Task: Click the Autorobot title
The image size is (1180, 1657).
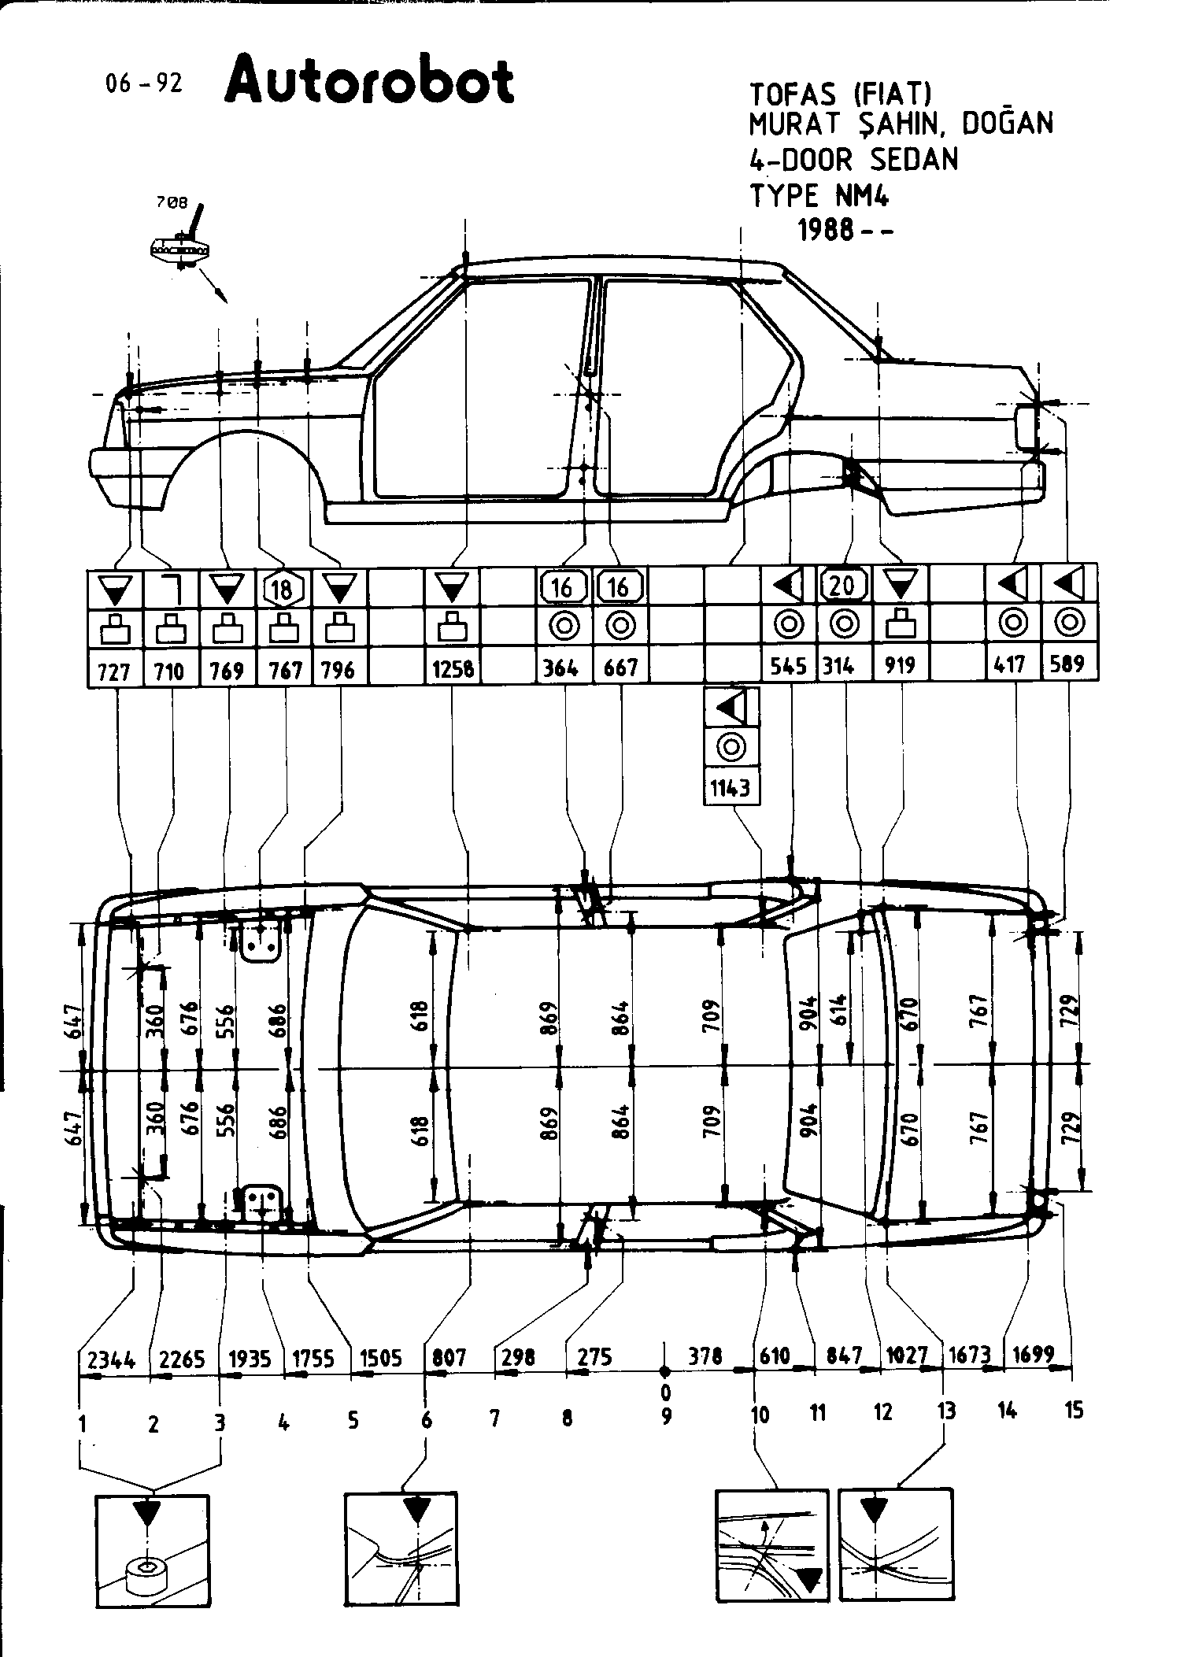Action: coord(369,81)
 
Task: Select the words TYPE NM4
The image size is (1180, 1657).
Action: coord(819,194)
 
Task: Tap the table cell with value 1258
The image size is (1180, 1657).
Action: coord(453,669)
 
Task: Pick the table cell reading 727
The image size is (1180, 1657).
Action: coord(115,671)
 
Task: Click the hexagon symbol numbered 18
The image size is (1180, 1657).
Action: coord(284,587)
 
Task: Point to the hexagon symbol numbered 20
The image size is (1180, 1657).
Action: coord(843,585)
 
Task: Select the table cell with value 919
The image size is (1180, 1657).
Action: coord(900,666)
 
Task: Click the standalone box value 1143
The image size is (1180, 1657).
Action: coord(731,787)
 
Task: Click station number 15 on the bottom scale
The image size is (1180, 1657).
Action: coord(1074,1410)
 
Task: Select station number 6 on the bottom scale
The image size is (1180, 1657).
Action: coord(426,1420)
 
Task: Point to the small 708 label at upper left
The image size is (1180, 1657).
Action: coord(172,202)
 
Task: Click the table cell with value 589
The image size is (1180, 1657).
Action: coord(1068,664)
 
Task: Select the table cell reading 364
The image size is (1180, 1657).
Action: coord(564,668)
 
